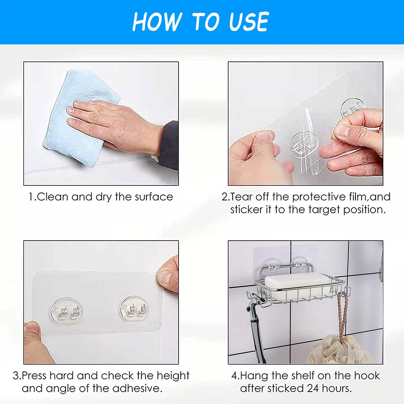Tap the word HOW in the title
[157, 22]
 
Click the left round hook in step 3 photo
[67, 311]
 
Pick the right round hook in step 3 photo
[134, 309]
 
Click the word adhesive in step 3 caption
[137, 389]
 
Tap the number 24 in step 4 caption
[313, 389]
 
